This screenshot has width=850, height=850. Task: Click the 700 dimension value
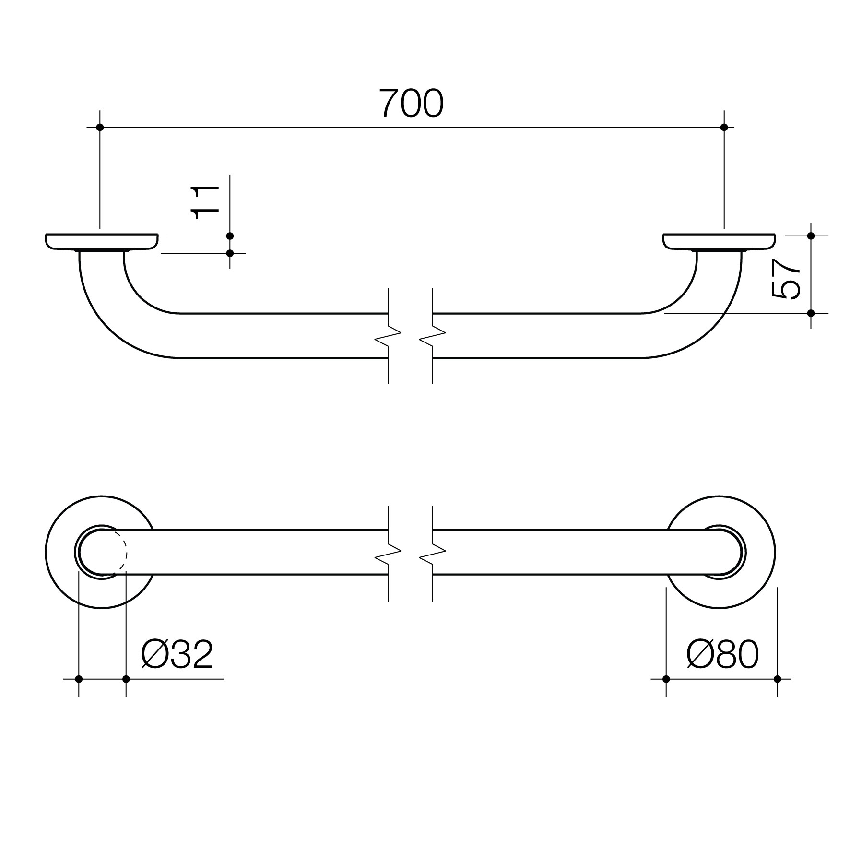tap(411, 104)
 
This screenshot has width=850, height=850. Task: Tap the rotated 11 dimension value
tap(206, 202)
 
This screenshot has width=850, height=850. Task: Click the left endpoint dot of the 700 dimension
tap(100, 127)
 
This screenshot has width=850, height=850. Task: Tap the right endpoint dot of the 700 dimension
tap(724, 127)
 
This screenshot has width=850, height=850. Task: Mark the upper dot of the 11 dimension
tap(230, 236)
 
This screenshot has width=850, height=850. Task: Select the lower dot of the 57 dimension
tap(811, 313)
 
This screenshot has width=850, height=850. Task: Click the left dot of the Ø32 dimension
tap(79, 679)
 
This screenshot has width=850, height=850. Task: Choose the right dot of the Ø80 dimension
tap(778, 679)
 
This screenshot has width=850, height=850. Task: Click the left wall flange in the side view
tap(102, 241)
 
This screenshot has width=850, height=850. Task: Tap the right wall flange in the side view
tap(720, 241)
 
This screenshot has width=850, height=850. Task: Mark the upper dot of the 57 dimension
tap(811, 236)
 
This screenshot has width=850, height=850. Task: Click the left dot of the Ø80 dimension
tap(666, 679)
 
